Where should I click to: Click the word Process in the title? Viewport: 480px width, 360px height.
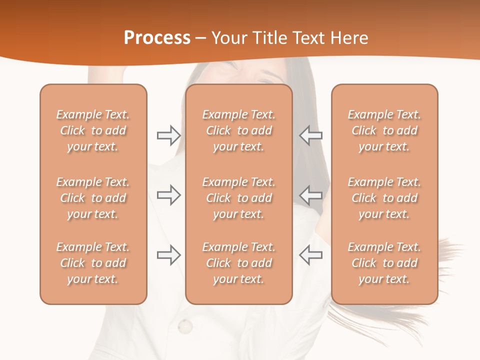click(x=157, y=38)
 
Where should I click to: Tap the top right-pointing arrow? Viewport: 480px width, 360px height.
click(x=168, y=135)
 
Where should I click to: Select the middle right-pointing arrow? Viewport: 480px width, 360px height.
click(x=168, y=194)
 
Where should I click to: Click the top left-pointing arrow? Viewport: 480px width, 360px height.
click(x=310, y=135)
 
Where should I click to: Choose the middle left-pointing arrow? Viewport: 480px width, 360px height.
click(x=310, y=194)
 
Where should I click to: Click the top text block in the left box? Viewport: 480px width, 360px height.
click(x=93, y=130)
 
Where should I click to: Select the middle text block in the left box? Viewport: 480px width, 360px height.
click(x=93, y=198)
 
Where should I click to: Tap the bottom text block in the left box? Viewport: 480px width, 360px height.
click(x=93, y=263)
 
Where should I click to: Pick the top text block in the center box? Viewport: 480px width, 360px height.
click(x=238, y=130)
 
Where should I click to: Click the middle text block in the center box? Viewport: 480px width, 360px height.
click(x=238, y=198)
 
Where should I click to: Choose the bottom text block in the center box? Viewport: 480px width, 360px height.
click(x=238, y=263)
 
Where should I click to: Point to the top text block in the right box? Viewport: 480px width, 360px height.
click(x=384, y=130)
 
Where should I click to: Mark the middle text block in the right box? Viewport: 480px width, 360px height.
click(x=384, y=198)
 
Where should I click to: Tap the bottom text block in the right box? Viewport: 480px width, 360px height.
click(x=384, y=263)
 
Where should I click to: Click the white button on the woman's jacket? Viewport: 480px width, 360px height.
click(x=185, y=326)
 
